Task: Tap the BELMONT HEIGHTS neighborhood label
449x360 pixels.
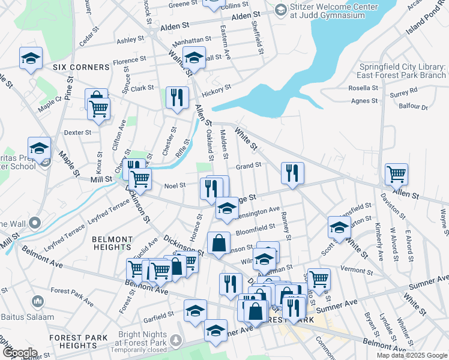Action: tap(112, 243)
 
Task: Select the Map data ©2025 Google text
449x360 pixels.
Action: tap(412, 355)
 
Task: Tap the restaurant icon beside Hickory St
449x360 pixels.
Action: tap(177, 97)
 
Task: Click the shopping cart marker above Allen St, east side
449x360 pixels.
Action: tap(396, 174)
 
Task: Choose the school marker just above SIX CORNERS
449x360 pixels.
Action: tap(31, 58)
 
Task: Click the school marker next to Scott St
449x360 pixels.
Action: tap(339, 228)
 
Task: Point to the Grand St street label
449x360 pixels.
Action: tap(249, 165)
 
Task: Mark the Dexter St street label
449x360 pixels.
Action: tap(77, 132)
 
